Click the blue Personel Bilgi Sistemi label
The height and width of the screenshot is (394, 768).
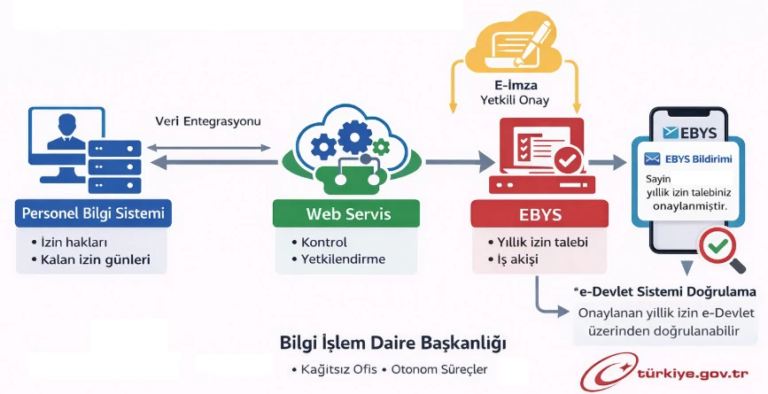click(93, 213)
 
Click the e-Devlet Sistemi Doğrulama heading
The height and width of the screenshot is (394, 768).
click(664, 291)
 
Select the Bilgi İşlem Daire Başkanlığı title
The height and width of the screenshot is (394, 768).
click(393, 342)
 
